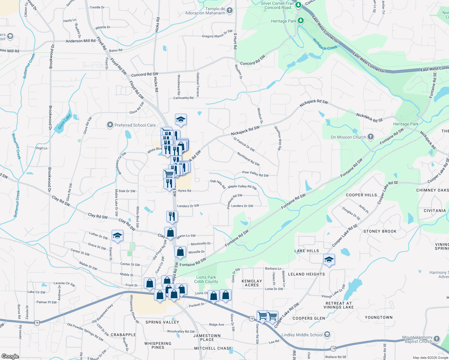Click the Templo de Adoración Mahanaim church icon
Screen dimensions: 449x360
(230, 11)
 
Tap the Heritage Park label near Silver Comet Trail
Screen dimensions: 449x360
(283, 21)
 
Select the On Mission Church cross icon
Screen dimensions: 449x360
(371, 137)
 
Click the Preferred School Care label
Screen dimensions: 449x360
(135, 125)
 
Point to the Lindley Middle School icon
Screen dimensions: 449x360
(327, 334)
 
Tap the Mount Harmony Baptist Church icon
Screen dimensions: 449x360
(437, 339)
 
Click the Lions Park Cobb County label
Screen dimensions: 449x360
(206, 279)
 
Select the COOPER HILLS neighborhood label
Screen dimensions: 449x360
(361, 195)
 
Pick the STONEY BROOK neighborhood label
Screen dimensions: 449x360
(380, 231)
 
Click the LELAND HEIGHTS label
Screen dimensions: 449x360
(306, 274)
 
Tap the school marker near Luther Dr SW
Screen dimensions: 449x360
(117, 236)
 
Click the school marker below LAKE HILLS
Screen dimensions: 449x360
(329, 260)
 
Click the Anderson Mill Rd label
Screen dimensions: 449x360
(80, 41)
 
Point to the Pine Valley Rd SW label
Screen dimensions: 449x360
(255, 174)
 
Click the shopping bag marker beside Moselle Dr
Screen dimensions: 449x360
(180, 252)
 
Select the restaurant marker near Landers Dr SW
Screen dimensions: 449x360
(172, 217)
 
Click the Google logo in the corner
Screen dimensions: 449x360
(10, 356)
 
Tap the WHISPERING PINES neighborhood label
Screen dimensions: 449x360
(158, 345)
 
